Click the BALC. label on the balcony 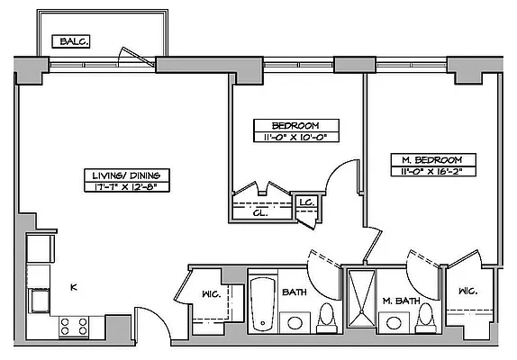68,41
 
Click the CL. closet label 258,213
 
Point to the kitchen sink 40,300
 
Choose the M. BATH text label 397,300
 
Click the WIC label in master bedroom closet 467,292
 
